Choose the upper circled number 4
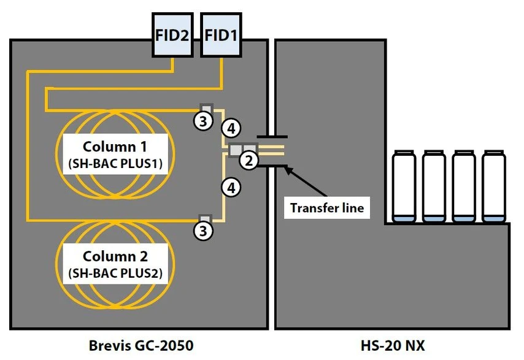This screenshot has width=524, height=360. click(x=231, y=128)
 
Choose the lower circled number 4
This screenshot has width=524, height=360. click(x=231, y=187)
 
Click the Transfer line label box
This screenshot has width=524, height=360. click(x=327, y=208)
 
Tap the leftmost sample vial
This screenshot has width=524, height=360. click(x=404, y=186)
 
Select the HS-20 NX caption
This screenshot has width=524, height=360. click(x=392, y=346)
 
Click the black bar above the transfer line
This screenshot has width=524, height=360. click(x=272, y=136)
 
